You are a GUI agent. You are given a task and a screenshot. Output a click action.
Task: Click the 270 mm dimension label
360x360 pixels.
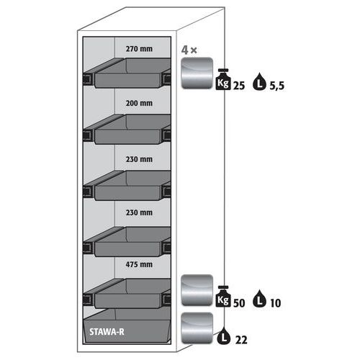pos(139,49)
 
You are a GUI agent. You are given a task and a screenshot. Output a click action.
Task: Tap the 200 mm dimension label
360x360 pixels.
pos(139,103)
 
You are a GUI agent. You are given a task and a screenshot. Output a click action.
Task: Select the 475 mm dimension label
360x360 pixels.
pos(139,264)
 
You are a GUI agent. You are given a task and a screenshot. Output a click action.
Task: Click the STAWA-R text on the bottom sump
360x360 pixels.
pos(107,332)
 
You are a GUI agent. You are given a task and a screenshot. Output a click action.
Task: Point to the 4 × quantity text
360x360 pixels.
pos(189,50)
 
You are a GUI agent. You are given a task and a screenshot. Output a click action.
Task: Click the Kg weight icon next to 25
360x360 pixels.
pos(223,79)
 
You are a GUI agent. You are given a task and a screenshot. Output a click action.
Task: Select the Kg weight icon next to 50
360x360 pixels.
pos(223,297)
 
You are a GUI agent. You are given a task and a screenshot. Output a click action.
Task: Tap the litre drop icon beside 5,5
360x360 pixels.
pos(259,81)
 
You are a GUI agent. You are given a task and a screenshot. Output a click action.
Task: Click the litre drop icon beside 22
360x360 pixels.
pos(224,336)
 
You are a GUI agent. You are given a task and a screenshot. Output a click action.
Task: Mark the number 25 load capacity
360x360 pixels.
pos(239,86)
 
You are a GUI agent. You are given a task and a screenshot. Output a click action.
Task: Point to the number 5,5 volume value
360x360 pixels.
pos(276,86)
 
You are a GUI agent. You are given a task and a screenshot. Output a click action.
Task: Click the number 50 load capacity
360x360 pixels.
pos(239,303)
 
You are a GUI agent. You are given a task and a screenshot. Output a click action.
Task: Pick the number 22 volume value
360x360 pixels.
pos(241,340)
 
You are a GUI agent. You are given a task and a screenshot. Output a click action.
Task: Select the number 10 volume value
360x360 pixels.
pos(275,303)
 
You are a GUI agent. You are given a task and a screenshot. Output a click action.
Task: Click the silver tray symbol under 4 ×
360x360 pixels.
pos(197,73)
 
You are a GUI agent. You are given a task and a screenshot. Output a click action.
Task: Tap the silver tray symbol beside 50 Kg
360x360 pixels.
pos(197,290)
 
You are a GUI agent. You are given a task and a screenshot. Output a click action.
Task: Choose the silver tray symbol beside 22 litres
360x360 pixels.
pos(197,328)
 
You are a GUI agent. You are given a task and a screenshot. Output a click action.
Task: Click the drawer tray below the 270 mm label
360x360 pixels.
pos(127,73)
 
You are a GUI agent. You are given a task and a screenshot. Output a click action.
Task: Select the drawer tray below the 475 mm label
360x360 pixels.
pos(127,293)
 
